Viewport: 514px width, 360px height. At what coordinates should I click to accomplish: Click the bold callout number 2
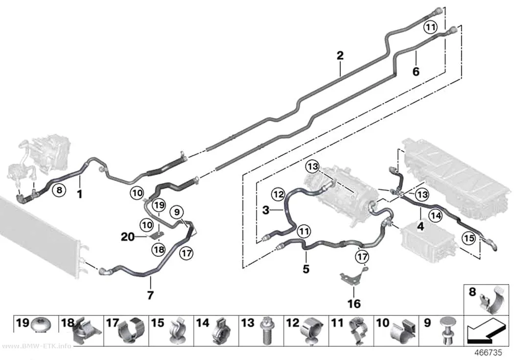(340, 55)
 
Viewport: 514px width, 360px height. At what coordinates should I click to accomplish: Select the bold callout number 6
(416, 71)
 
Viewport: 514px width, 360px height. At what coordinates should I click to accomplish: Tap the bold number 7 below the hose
(150, 295)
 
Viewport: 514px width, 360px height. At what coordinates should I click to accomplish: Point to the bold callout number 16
(354, 304)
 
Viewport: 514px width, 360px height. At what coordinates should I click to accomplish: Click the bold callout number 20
(128, 237)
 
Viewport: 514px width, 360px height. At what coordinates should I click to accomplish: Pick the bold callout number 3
(266, 210)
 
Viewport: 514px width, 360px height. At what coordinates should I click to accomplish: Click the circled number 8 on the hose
(59, 190)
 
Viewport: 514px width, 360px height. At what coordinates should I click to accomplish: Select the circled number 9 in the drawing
(177, 212)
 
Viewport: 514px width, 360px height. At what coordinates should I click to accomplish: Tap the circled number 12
(279, 194)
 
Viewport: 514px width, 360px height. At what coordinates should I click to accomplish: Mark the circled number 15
(469, 238)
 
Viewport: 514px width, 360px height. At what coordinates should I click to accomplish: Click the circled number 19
(159, 206)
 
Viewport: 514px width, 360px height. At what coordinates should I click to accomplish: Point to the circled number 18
(159, 250)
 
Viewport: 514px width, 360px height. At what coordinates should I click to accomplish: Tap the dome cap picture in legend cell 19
(41, 325)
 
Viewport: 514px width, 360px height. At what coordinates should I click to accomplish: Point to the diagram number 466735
(489, 353)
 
